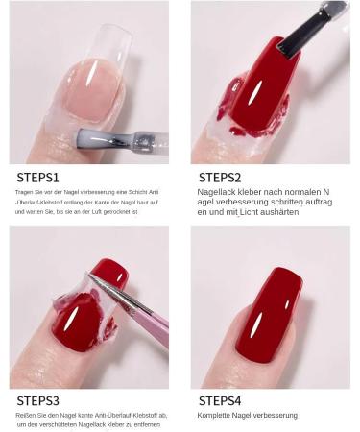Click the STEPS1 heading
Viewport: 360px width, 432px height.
[37, 178]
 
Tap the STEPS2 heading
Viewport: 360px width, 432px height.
[220, 178]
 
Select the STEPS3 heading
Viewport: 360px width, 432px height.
[37, 401]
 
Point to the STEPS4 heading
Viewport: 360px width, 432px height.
[220, 401]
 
